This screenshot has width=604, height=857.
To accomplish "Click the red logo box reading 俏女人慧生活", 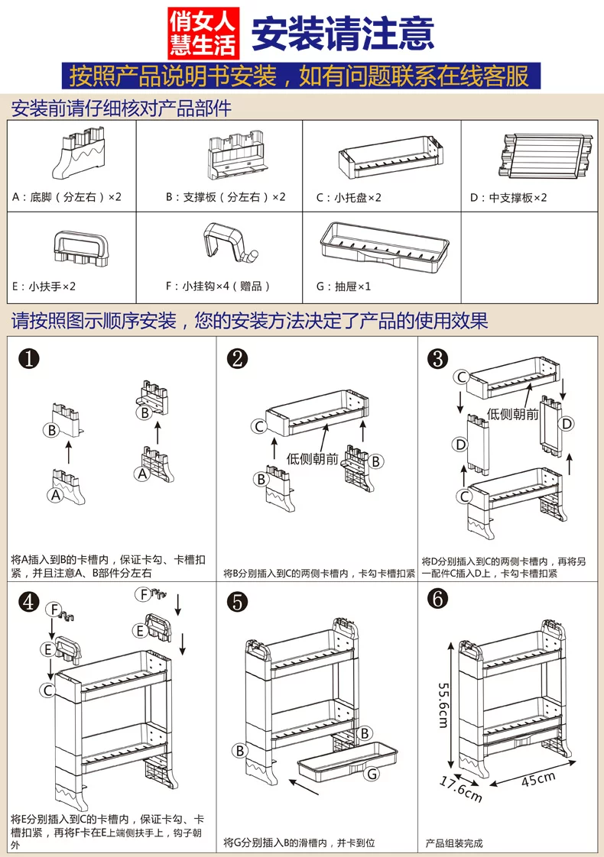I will pos(203,33).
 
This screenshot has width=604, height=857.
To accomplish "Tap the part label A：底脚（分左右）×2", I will pos(67,197).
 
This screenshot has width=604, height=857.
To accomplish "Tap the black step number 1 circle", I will pos(28,360).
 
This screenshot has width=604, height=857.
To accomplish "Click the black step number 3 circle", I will pos(438,358).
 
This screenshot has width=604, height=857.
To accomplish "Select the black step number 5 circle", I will pos(239,602).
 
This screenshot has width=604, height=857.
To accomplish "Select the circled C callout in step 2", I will pos(260,426).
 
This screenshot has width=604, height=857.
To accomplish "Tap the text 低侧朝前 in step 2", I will pos(312,459).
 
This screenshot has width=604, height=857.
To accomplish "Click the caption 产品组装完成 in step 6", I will pos(454,843).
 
